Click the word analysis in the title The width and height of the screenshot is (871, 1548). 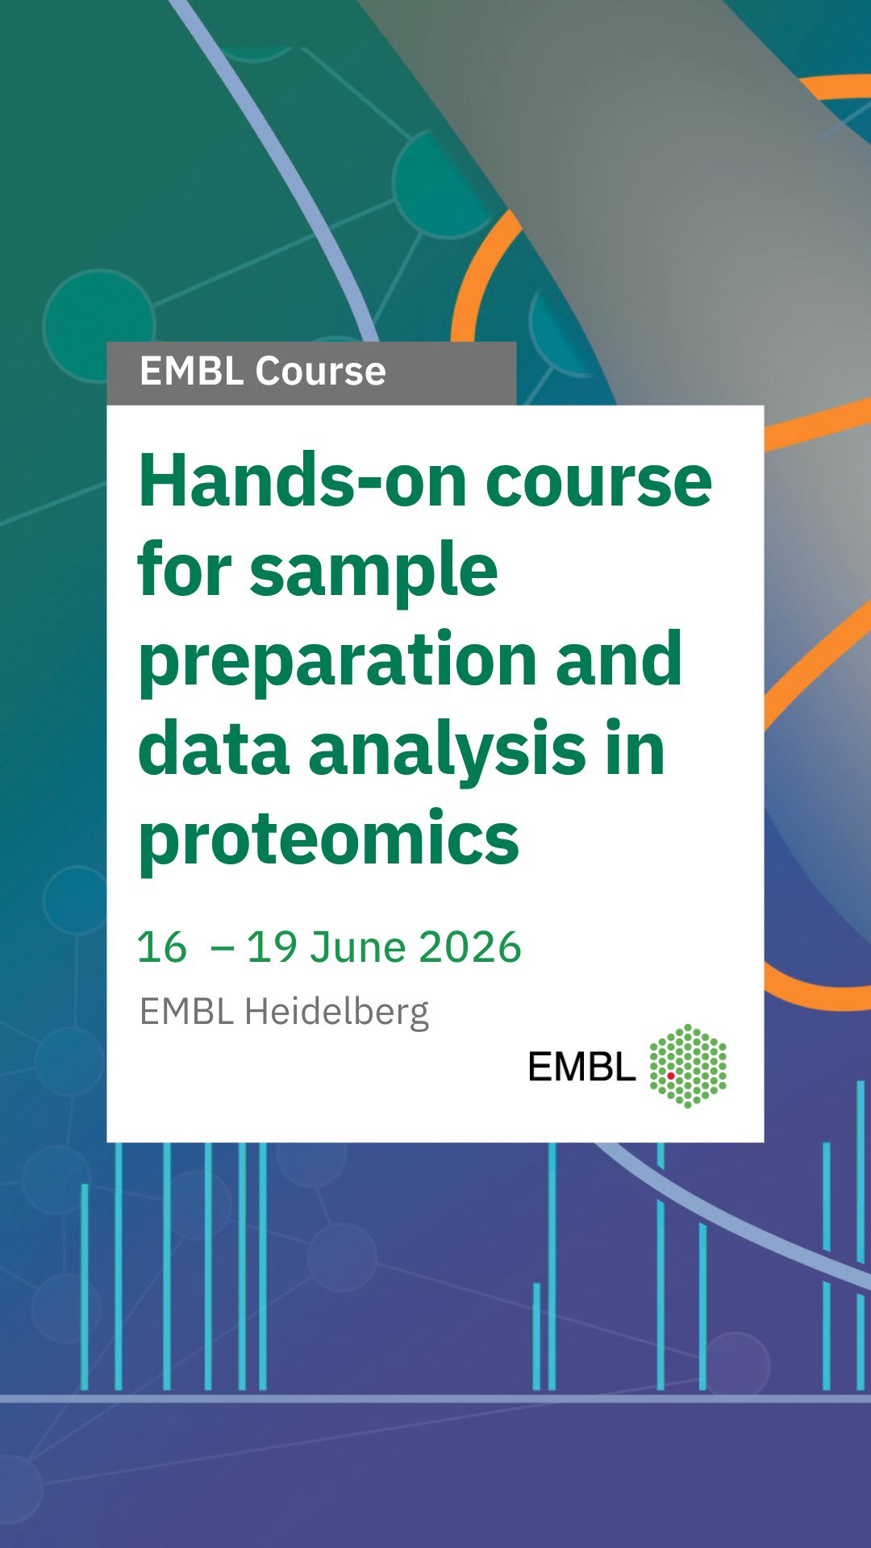pyautogui.click(x=447, y=750)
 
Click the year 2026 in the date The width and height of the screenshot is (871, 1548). pyautogui.click(x=470, y=947)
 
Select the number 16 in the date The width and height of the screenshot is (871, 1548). pyautogui.click(x=162, y=947)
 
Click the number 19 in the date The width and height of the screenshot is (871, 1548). pyautogui.click(x=272, y=947)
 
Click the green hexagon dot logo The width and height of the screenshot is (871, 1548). pyautogui.click(x=688, y=1066)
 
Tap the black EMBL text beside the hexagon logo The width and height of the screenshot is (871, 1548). pyautogui.click(x=581, y=1067)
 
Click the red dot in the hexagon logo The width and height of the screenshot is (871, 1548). pyautogui.click(x=670, y=1076)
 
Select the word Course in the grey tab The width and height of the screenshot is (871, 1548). pyautogui.click(x=321, y=372)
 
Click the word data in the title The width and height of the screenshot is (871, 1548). pyautogui.click(x=214, y=750)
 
